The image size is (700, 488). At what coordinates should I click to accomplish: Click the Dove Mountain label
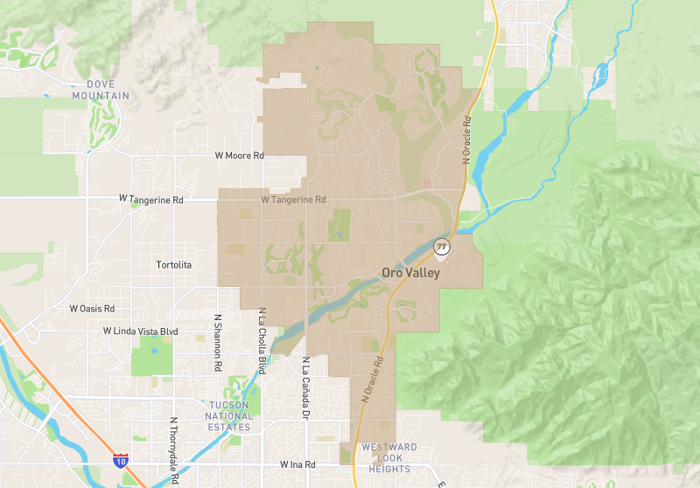click(x=108, y=90)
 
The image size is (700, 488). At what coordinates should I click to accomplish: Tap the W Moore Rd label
click(x=239, y=156)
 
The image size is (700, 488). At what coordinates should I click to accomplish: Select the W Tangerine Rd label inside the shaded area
click(x=293, y=199)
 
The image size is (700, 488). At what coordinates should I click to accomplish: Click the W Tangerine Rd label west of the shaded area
click(x=151, y=199)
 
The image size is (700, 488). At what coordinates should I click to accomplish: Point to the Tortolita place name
click(x=173, y=264)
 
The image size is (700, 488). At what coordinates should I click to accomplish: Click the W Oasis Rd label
click(x=92, y=309)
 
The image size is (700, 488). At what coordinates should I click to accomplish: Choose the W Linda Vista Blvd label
click(x=140, y=331)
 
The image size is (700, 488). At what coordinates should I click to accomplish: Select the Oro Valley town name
click(x=410, y=273)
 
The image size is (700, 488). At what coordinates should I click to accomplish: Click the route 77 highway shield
click(x=442, y=247)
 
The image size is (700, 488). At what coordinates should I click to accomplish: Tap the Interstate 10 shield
click(x=120, y=458)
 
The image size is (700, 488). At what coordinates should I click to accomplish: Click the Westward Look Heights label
click(x=389, y=458)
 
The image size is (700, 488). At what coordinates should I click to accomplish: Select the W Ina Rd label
click(x=297, y=464)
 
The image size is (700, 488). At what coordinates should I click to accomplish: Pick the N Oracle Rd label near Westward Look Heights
click(x=371, y=378)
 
